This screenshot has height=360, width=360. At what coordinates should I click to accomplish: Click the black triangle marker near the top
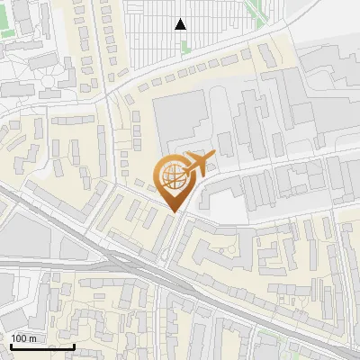[x=181, y=24]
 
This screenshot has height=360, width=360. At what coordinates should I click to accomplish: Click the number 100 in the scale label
[x=19, y=338]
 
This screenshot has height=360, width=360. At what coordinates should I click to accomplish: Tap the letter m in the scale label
[x=32, y=338]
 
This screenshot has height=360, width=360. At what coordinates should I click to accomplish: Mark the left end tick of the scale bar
[x=11, y=346]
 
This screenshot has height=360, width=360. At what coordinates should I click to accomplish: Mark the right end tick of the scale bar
[x=75, y=346]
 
